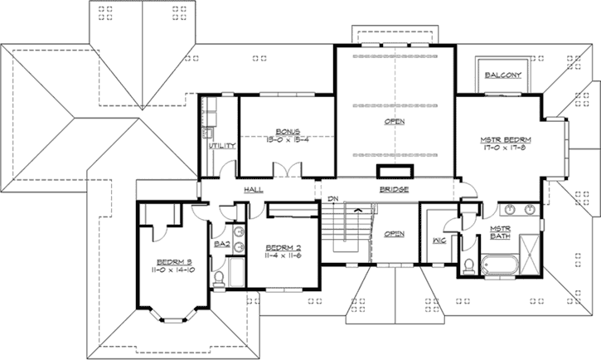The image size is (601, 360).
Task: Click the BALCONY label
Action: (x=502, y=74)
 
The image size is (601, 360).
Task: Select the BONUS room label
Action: (x=288, y=131)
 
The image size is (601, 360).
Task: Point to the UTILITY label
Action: (x=223, y=146)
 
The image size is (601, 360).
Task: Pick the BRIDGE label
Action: (x=393, y=190)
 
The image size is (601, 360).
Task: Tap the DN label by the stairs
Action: (x=333, y=199)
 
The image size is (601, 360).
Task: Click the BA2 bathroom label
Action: (x=221, y=245)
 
